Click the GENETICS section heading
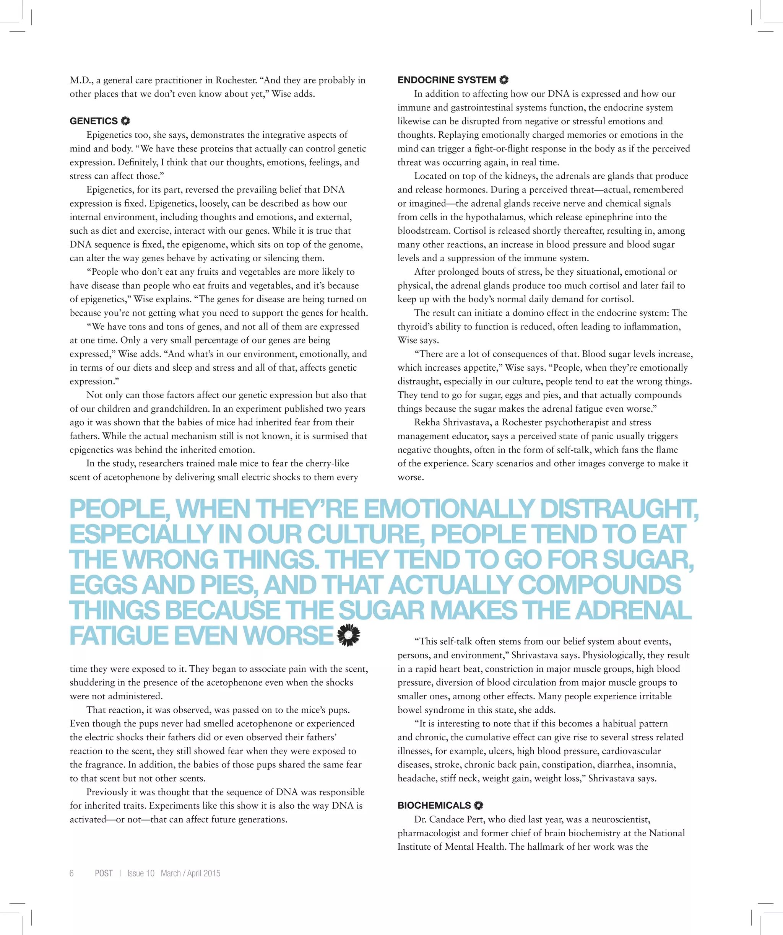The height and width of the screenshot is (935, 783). click(x=93, y=121)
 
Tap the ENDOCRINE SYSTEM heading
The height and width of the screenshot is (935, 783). click(x=446, y=80)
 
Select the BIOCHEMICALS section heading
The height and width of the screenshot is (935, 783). click(x=434, y=805)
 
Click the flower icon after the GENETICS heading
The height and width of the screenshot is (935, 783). click(x=125, y=121)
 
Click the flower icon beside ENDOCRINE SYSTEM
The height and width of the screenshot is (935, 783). click(x=504, y=80)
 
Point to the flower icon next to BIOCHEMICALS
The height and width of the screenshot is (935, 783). click(x=478, y=805)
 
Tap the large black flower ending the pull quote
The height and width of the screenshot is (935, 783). click(x=349, y=635)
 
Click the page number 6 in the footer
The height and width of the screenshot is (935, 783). click(x=71, y=873)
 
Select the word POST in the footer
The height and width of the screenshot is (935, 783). click(x=104, y=873)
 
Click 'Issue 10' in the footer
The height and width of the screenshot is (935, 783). click(x=141, y=873)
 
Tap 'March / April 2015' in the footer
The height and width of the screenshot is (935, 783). click(x=190, y=873)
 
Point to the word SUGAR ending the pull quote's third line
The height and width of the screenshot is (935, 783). click(x=647, y=560)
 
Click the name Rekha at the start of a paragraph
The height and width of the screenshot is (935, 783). click(x=427, y=422)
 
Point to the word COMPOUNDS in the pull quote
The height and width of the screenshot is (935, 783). click(x=599, y=585)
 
